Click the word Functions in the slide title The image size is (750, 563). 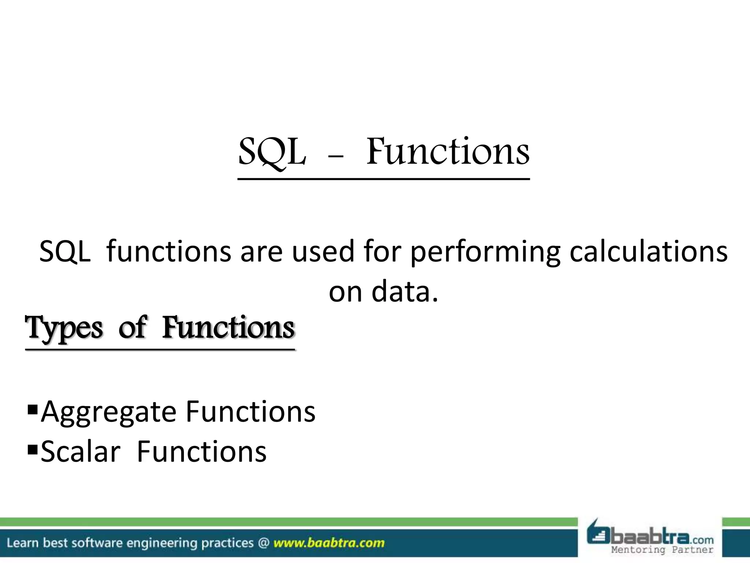click(x=448, y=151)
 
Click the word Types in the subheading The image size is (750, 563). click(x=64, y=328)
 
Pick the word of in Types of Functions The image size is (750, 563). click(x=132, y=327)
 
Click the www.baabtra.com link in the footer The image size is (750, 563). click(x=329, y=542)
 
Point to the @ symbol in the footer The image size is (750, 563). click(x=263, y=542)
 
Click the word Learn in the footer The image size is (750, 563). click(x=22, y=542)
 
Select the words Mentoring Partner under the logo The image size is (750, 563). click(x=662, y=550)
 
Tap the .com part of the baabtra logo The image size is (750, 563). click(x=701, y=540)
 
